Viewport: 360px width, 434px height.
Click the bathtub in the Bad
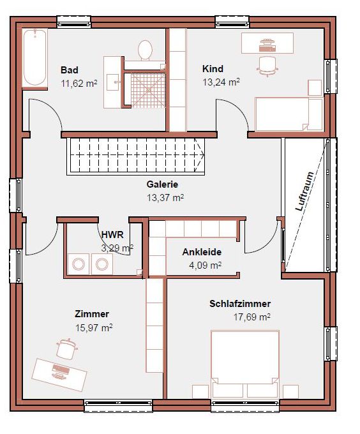pyautogui.click(x=34, y=57)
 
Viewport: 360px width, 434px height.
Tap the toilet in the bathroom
pyautogui.click(x=145, y=50)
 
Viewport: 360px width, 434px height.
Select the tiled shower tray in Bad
pyautogui.click(x=147, y=90)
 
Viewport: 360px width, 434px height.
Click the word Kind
pyautogui.click(x=213, y=69)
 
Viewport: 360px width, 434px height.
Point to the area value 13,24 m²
pyautogui.click(x=221, y=82)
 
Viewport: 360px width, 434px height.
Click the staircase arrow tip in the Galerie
pyautogui.click(x=204, y=155)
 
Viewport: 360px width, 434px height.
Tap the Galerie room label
pyautogui.click(x=162, y=184)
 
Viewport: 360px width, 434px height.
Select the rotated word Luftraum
pyautogui.click(x=305, y=191)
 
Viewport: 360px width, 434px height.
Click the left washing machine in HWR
pyautogui.click(x=79, y=264)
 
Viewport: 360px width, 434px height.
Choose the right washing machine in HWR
pyautogui.click(x=102, y=264)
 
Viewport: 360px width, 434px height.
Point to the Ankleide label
pyautogui.click(x=202, y=252)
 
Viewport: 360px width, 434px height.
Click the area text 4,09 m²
pyautogui.click(x=205, y=266)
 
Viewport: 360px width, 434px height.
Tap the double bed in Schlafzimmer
pyautogui.click(x=245, y=364)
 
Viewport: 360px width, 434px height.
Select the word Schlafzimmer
pyautogui.click(x=240, y=304)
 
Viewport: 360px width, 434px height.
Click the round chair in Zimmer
pyautogui.click(x=66, y=349)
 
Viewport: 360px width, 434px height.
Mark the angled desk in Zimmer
pyautogui.click(x=59, y=375)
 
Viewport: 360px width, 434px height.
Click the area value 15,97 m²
pyautogui.click(x=94, y=328)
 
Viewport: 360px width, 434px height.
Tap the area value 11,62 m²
pyautogui.click(x=79, y=84)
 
